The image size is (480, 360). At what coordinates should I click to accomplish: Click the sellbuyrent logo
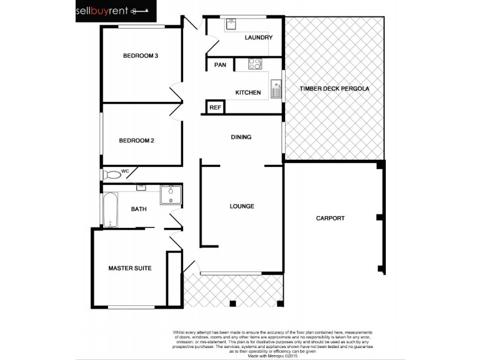click(116, 11)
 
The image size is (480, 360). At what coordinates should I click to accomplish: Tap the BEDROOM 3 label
click(140, 56)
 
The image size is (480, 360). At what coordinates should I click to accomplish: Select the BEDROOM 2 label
click(136, 141)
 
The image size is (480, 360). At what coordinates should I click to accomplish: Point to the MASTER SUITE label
click(130, 268)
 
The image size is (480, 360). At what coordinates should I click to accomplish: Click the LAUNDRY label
click(259, 38)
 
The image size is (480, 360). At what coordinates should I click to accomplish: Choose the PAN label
click(220, 65)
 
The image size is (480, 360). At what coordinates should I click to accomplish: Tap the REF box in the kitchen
click(215, 108)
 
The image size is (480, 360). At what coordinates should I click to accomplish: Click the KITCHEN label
click(248, 92)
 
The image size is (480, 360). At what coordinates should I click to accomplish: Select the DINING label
click(241, 137)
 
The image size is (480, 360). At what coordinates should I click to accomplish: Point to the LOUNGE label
click(242, 206)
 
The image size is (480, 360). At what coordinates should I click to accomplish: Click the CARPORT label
click(330, 218)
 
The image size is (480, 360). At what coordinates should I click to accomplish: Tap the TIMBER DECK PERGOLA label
click(334, 89)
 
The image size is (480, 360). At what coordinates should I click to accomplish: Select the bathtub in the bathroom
click(110, 210)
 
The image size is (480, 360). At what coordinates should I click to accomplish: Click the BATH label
click(139, 209)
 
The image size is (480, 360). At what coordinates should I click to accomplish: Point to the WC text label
click(125, 172)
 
